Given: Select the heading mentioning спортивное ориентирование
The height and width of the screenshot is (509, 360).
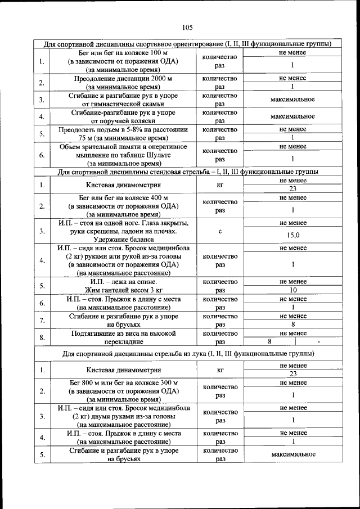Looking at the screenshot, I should [x=187, y=44].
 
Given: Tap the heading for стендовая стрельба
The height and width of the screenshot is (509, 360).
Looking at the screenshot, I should [x=187, y=171].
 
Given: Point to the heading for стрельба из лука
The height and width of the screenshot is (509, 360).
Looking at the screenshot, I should [x=187, y=354].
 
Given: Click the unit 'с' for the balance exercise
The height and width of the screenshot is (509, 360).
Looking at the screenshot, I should [x=220, y=231].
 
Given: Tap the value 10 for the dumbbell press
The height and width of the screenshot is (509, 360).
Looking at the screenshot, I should [x=292, y=290].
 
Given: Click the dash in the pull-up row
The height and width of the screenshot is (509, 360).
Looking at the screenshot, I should [x=318, y=342].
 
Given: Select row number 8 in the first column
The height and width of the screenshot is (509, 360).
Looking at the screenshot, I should [x=42, y=337].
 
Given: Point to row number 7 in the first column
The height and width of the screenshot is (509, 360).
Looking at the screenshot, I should [x=42, y=320].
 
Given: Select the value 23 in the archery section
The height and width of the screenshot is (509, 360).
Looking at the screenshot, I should [x=292, y=374].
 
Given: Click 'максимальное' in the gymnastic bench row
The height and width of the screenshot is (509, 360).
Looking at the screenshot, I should [x=292, y=100].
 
